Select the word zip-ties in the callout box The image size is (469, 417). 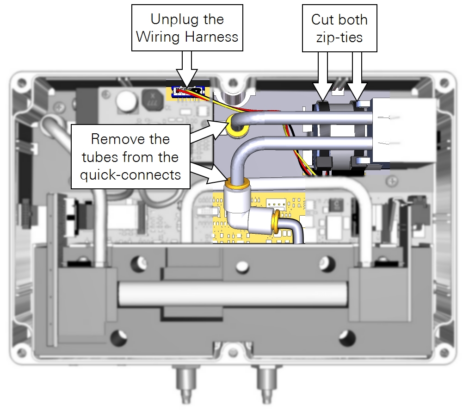point(339,37)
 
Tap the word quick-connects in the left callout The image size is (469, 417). point(130,175)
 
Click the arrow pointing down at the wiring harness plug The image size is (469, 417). point(187,69)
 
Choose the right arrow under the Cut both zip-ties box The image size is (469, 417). point(357,76)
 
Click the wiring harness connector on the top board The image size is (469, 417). point(187,91)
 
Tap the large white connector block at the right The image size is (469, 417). point(405,130)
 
